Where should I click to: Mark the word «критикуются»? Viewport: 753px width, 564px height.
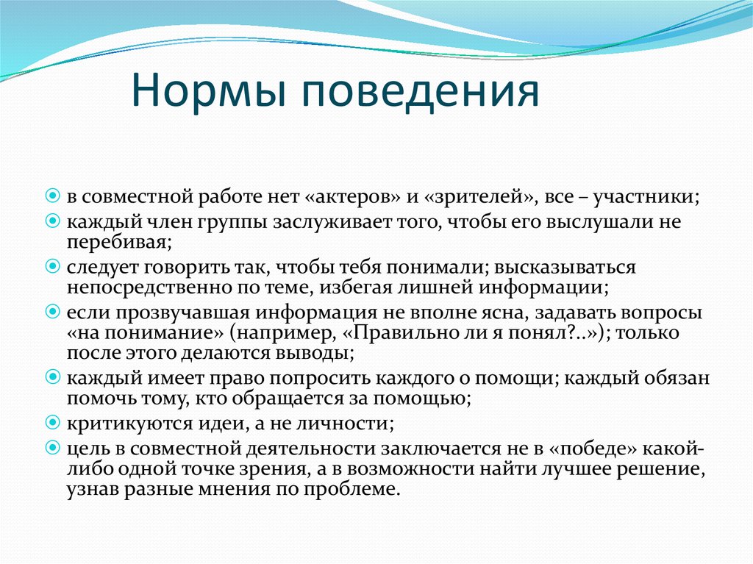[x=129, y=424]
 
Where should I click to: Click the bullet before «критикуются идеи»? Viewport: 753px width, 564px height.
[x=53, y=423]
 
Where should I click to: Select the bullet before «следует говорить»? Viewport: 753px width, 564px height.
[x=53, y=266]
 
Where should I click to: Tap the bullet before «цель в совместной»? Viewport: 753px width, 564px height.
[x=53, y=448]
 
